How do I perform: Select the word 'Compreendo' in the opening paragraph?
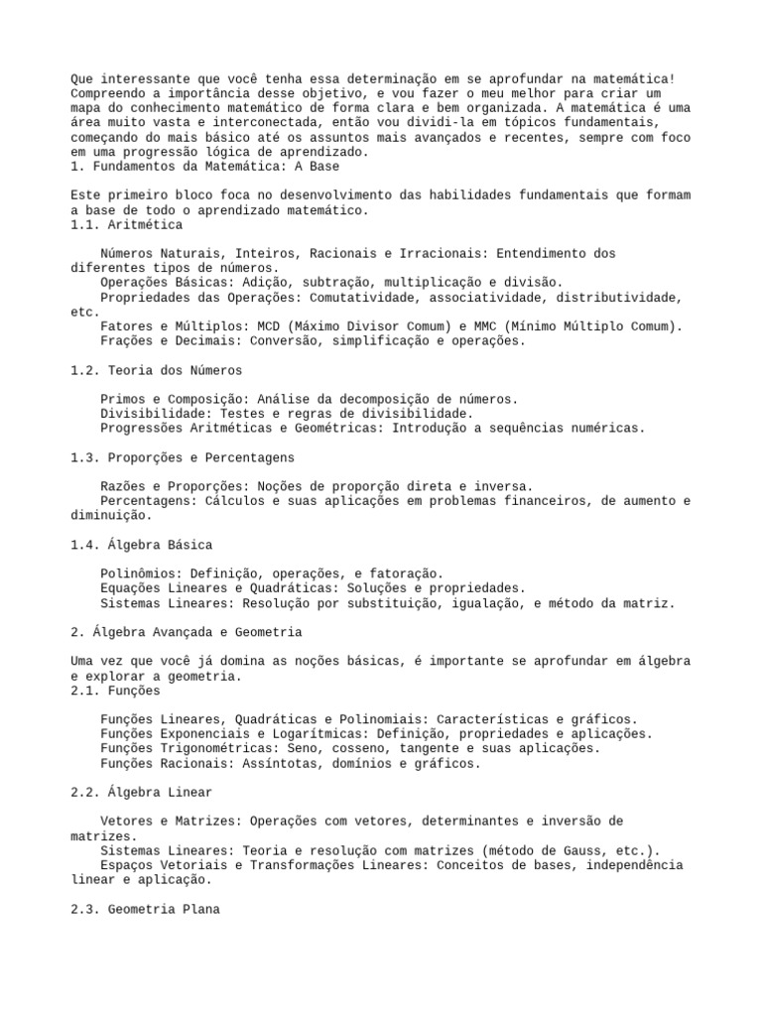[109, 94]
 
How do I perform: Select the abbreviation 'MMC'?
[517, 326]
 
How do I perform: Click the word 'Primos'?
[123, 399]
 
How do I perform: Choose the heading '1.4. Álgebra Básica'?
[142, 545]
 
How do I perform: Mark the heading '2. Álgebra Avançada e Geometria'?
[187, 632]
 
